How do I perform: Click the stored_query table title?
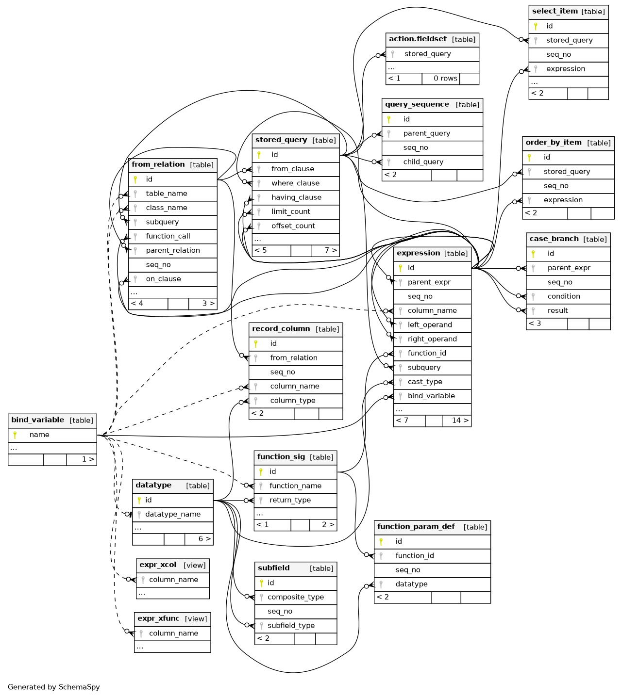tap(296, 141)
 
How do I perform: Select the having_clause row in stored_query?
tap(296, 198)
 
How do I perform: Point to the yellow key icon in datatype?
tap(139, 501)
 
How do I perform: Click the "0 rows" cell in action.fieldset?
tap(440, 79)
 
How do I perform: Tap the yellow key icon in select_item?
tap(536, 27)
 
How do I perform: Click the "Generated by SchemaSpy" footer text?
tap(54, 687)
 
